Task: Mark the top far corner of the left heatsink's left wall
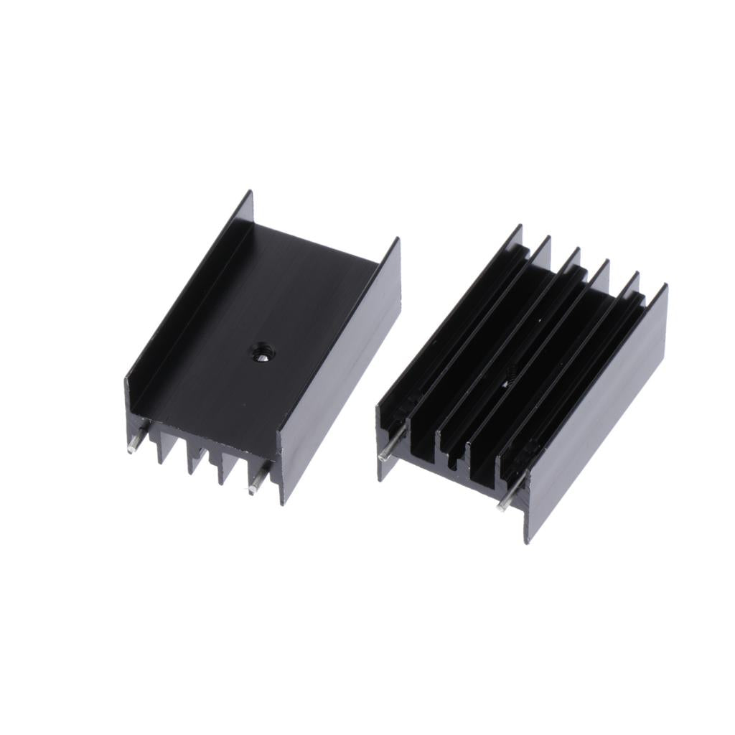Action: pyautogui.click(x=251, y=192)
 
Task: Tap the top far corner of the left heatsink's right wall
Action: pyautogui.click(x=398, y=239)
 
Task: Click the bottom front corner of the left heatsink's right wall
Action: pyautogui.click(x=283, y=503)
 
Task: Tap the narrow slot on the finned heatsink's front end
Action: pyautogui.click(x=451, y=459)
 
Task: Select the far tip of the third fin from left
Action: pyautogui.click(x=578, y=249)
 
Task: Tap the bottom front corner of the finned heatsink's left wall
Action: pyautogui.click(x=380, y=479)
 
